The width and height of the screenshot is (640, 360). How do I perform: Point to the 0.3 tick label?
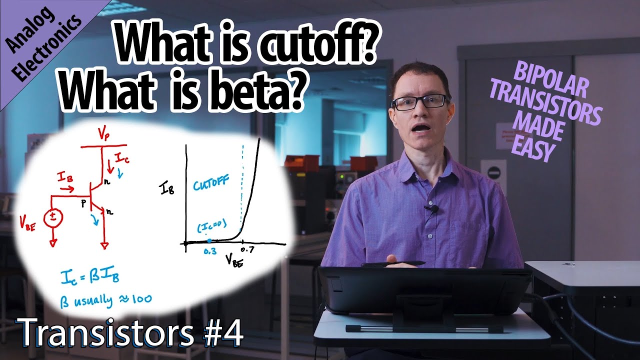(x=210, y=251)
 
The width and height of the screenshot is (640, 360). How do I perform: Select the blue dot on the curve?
(x=209, y=240)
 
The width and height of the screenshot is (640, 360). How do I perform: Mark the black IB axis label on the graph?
(x=168, y=188)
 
